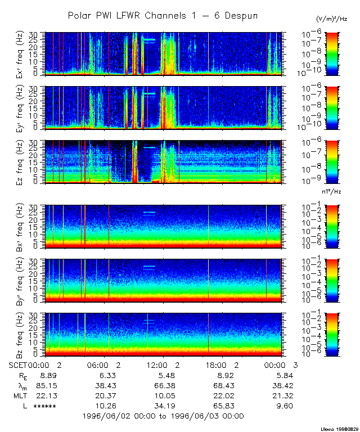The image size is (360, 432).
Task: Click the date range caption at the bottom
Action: click(x=163, y=416)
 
